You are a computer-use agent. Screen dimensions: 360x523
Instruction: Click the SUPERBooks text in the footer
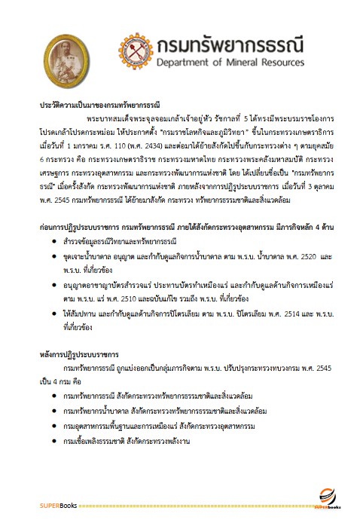[59, 504]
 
